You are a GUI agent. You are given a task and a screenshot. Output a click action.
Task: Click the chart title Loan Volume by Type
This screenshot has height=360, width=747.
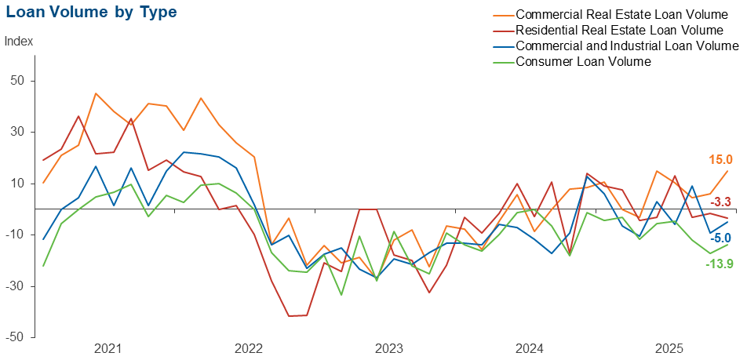pyautogui.click(x=91, y=13)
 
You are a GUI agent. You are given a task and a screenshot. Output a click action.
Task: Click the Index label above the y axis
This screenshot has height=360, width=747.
pyautogui.click(x=19, y=42)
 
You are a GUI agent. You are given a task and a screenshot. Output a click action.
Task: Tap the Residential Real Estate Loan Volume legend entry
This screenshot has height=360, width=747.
pyautogui.click(x=619, y=31)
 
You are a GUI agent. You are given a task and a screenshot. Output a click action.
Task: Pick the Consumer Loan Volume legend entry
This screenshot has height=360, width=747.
pyautogui.click(x=584, y=62)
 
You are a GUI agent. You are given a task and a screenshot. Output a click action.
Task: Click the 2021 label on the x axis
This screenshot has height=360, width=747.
pyautogui.click(x=107, y=348)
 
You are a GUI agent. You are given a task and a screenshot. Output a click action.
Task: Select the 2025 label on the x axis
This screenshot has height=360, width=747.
pyautogui.click(x=671, y=348)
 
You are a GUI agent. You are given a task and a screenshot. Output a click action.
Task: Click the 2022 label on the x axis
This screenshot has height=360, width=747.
pyautogui.click(x=248, y=348)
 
